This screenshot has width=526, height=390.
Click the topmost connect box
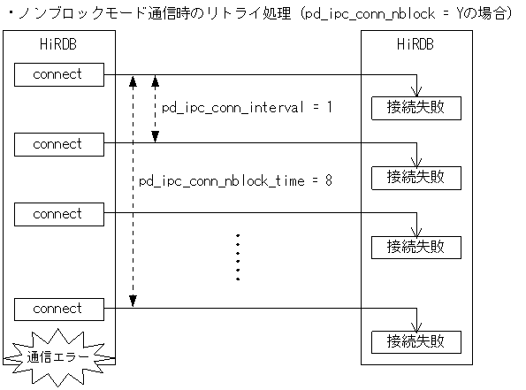pyautogui.click(x=57, y=75)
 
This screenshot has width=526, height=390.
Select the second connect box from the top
pyautogui.click(x=57, y=144)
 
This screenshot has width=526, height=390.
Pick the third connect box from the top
pyautogui.click(x=57, y=214)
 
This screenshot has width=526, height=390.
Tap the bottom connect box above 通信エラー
pyautogui.click(x=57, y=309)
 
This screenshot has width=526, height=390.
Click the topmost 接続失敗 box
pyautogui.click(x=416, y=107)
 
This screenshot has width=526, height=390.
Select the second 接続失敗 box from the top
pyautogui.click(x=416, y=177)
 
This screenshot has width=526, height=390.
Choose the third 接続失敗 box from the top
pyautogui.click(x=416, y=247)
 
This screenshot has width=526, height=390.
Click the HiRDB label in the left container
pyautogui.click(x=58, y=45)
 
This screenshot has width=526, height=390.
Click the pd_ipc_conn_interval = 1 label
pyautogui.click(x=247, y=108)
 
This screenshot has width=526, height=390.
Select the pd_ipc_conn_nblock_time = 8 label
pyautogui.click(x=235, y=181)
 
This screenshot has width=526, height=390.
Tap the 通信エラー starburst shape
pyautogui.click(x=58, y=357)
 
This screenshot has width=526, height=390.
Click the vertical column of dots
pyautogui.click(x=238, y=257)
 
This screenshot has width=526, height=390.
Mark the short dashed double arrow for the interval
pyautogui.click(x=155, y=109)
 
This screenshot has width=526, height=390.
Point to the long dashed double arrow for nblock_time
pyautogui.click(x=132, y=191)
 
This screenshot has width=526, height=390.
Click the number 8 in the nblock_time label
pyautogui.click(x=328, y=181)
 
